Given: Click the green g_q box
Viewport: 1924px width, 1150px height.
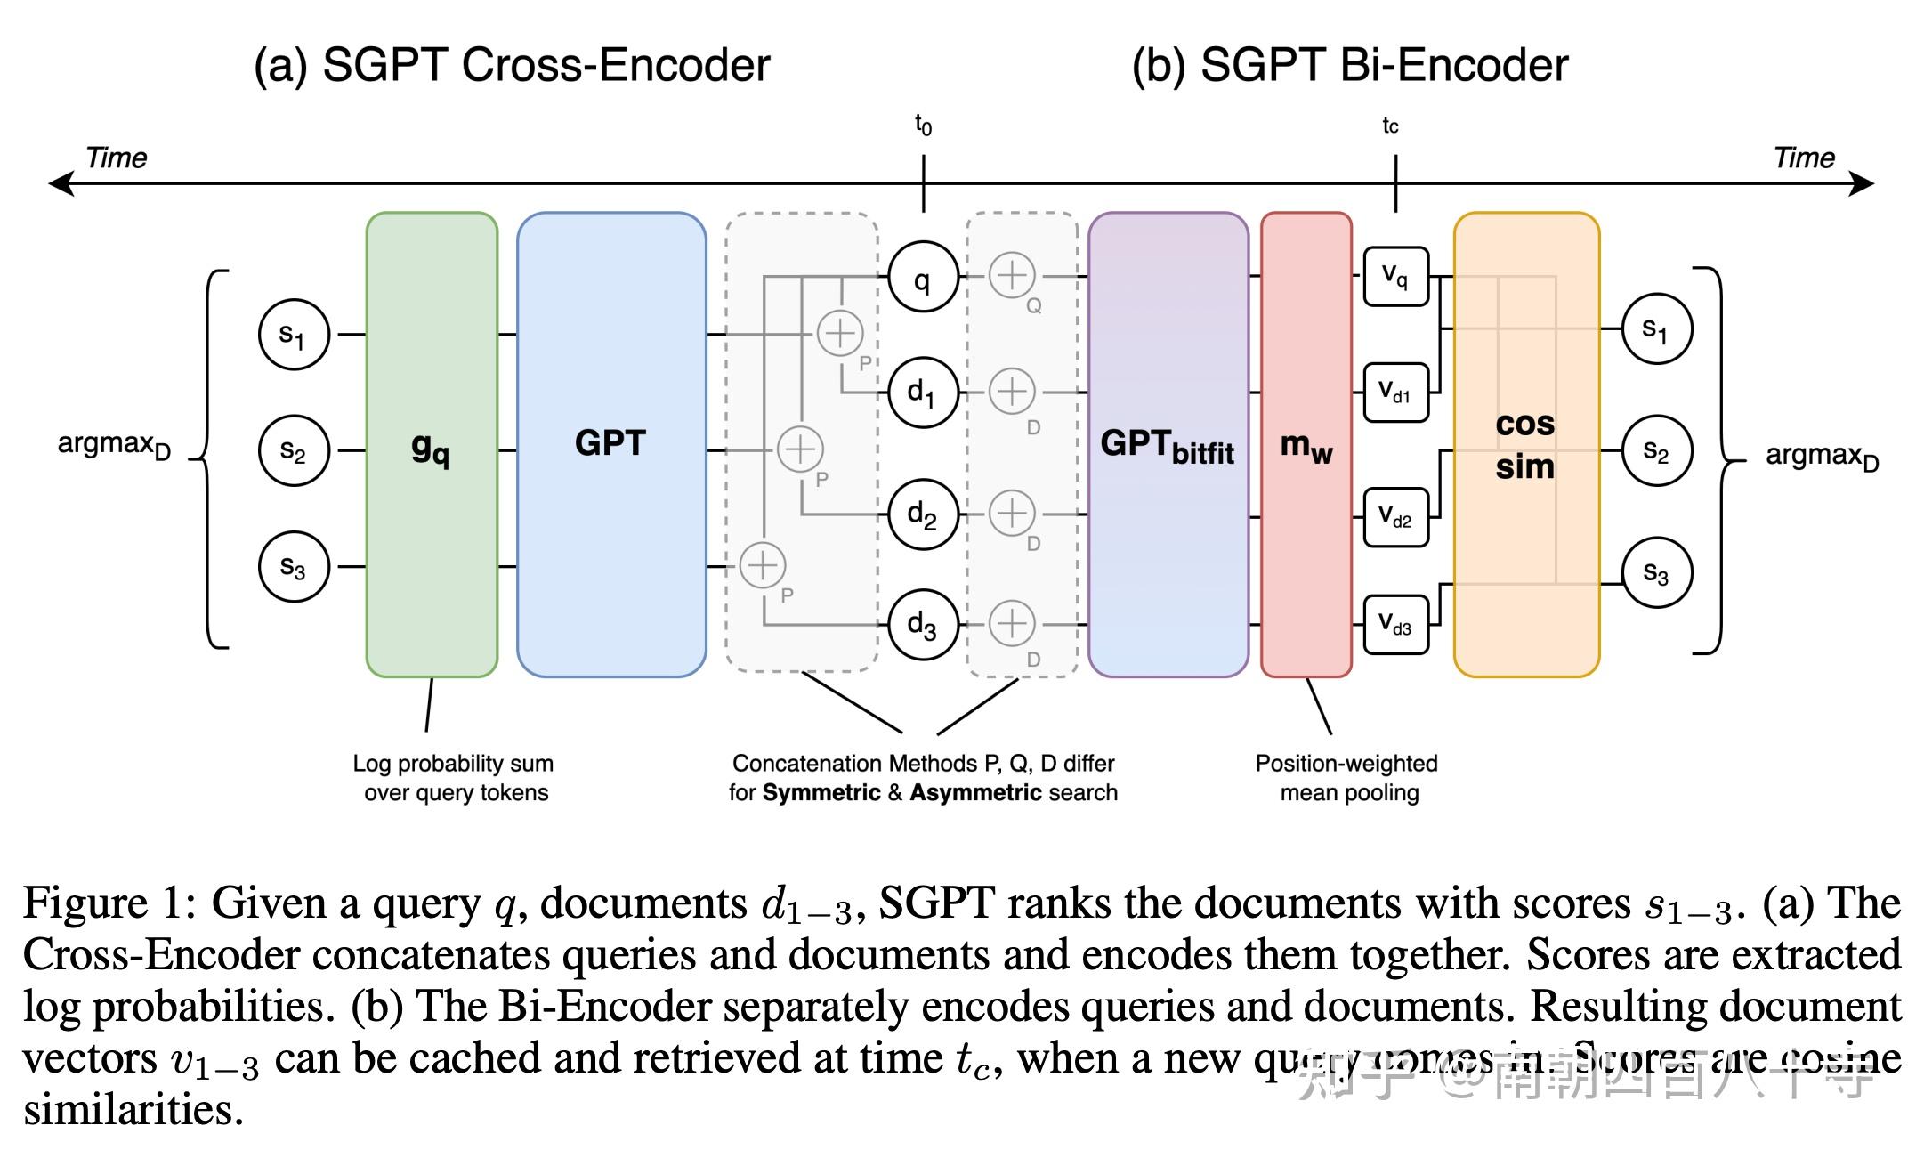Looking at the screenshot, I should [432, 445].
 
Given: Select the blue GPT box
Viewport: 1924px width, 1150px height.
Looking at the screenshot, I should [611, 445].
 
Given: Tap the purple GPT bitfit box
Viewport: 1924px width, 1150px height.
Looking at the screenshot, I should [1168, 445].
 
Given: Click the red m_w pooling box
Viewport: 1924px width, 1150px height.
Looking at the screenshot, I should [1306, 445].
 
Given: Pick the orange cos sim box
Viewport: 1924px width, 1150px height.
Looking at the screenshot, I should [1525, 445].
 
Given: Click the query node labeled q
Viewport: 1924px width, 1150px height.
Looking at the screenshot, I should [923, 277].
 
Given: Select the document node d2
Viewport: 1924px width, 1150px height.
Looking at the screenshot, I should [923, 514].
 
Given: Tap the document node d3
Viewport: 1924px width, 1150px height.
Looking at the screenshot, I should [923, 625].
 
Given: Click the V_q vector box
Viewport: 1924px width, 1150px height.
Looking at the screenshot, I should [1395, 277].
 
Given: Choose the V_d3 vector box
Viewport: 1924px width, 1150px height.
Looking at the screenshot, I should [1395, 625].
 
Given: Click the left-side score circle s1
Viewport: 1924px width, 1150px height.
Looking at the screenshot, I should [294, 335].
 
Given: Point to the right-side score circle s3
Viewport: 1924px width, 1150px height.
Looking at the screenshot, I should [1656, 572].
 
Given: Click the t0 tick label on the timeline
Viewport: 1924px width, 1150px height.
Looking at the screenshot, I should [923, 126].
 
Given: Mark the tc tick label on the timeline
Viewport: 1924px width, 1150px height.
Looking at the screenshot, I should [1390, 126].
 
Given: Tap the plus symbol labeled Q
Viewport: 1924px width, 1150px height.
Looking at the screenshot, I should [1012, 275].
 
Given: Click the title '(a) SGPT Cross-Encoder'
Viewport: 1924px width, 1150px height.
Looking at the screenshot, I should [512, 65].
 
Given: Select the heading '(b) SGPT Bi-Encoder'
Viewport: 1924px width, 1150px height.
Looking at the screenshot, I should [1349, 65].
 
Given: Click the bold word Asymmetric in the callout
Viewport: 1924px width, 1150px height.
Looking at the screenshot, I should [975, 792].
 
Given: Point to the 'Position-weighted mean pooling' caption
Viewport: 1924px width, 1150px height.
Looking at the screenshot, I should [1347, 778].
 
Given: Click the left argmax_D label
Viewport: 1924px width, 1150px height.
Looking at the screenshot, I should [113, 445].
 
